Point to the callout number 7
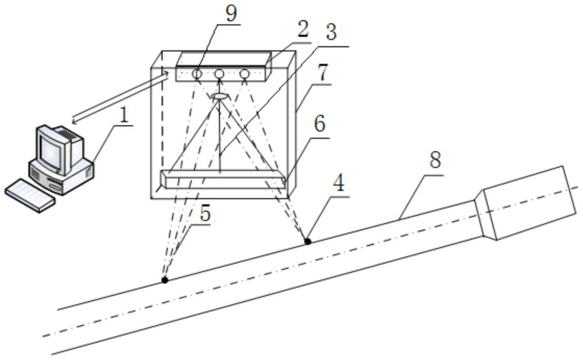click(323, 73)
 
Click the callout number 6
click(319, 124)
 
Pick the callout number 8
click(435, 160)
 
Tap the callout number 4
click(339, 184)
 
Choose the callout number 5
click(205, 213)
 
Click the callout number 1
click(124, 115)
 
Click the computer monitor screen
click(51, 147)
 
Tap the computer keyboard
click(30, 195)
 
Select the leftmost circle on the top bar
click(196, 73)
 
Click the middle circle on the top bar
click(219, 73)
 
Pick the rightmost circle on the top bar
click(244, 73)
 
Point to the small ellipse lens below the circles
click(220, 96)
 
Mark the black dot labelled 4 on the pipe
click(308, 242)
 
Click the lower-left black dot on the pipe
click(165, 280)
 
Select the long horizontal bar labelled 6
click(223, 179)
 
